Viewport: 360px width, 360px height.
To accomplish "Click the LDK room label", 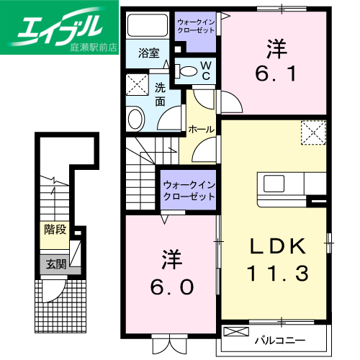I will [x=278, y=246].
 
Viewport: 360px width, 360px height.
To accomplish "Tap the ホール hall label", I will [x=199, y=130].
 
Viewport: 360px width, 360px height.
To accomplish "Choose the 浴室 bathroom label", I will [x=148, y=53].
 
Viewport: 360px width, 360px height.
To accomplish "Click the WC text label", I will [x=204, y=70].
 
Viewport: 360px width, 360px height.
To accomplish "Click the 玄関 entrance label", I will [x=56, y=264].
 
